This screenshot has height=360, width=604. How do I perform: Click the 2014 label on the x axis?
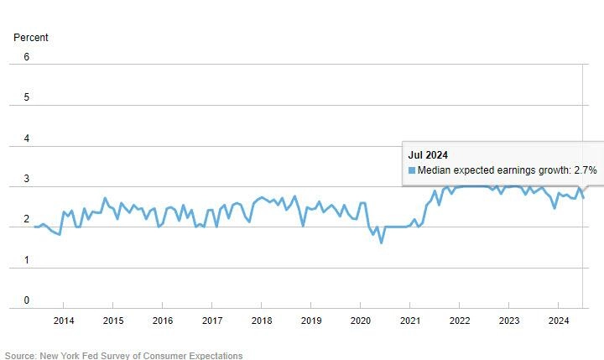click(x=64, y=321)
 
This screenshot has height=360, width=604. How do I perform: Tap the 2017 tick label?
click(x=212, y=321)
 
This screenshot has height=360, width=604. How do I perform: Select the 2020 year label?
click(x=361, y=321)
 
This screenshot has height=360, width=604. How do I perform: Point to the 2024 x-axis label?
click(x=559, y=321)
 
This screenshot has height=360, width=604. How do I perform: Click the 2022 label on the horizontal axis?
click(x=460, y=321)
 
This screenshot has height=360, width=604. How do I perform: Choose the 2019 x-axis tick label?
click(x=311, y=321)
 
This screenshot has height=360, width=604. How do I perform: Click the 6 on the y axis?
click(x=26, y=57)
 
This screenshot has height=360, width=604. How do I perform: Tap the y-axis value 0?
click(x=26, y=300)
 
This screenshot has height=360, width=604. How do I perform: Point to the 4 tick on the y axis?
click(x=26, y=138)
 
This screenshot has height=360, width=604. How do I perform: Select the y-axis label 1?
click(x=26, y=260)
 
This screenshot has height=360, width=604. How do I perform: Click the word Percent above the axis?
click(x=31, y=38)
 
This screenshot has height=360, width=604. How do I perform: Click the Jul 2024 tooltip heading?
click(x=428, y=154)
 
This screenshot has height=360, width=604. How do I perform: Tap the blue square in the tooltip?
click(x=412, y=170)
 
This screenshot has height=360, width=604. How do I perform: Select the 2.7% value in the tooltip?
click(x=585, y=170)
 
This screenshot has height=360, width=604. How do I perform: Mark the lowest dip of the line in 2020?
click(x=382, y=243)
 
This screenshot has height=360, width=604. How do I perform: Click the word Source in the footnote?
click(x=21, y=356)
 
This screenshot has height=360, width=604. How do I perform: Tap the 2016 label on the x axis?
click(x=163, y=321)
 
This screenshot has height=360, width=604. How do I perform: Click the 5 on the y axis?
click(x=26, y=97)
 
